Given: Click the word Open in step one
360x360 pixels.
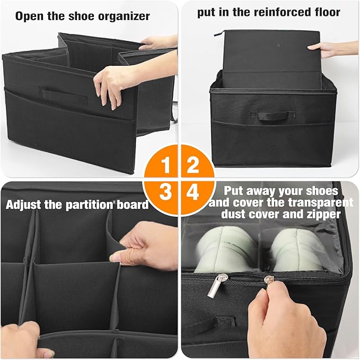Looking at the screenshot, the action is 30,16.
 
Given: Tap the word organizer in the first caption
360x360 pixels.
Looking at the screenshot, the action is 124,17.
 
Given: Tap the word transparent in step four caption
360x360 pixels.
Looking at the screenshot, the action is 321,203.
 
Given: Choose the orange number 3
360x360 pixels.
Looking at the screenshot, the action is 165,192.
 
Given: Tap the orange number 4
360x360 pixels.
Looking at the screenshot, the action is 192,192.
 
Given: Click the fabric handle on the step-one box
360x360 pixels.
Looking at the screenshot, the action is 63,94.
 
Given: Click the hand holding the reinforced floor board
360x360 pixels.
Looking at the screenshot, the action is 333,49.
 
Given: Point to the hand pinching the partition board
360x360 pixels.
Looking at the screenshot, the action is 146,247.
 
